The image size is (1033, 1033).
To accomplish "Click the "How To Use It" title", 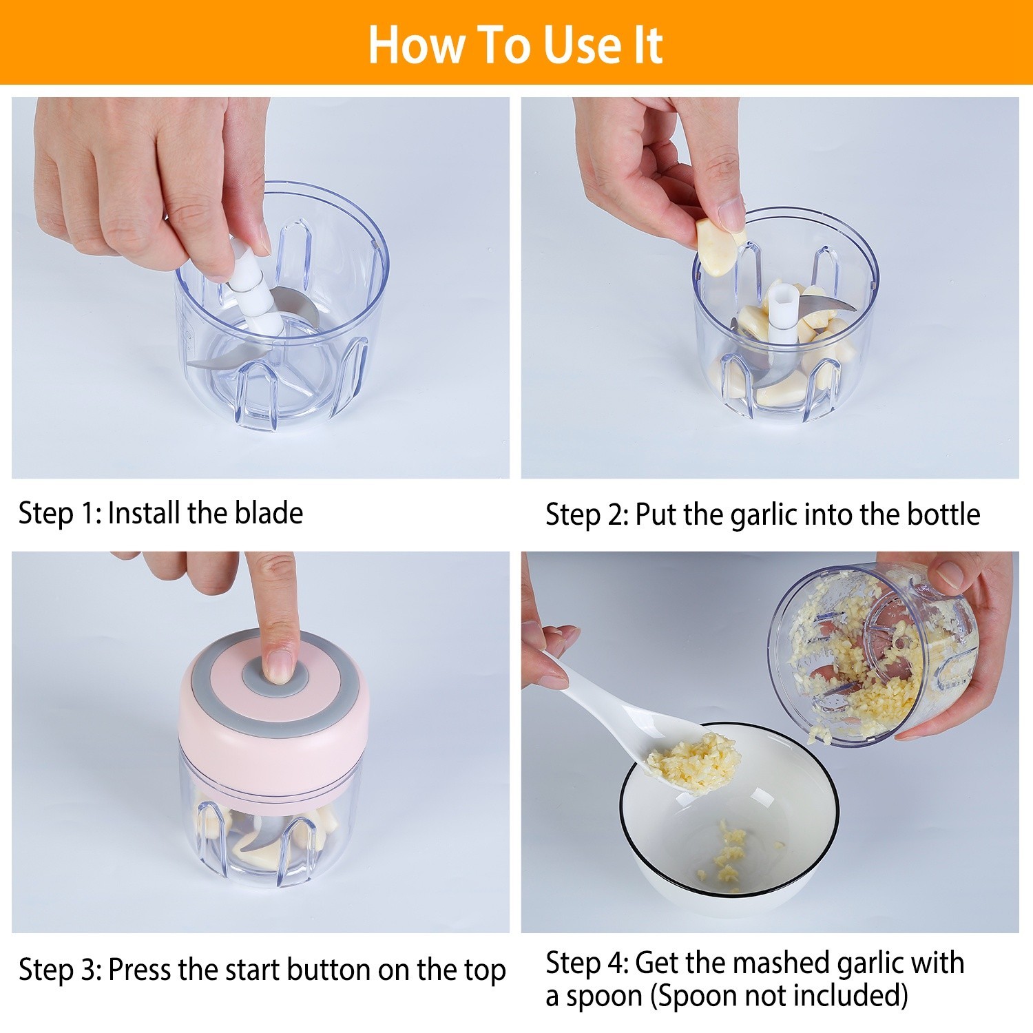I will [515, 45].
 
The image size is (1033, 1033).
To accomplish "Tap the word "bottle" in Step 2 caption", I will [943, 515].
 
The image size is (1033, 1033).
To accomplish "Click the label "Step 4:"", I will [587, 963].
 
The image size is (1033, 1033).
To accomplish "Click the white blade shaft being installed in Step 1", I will [250, 282].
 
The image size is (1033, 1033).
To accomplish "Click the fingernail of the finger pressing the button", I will [279, 665].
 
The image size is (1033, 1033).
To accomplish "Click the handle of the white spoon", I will [599, 696].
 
